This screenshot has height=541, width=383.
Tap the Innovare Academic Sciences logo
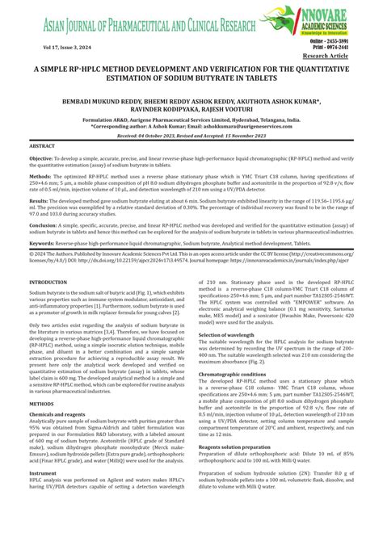pyautogui.click(x=323, y=19)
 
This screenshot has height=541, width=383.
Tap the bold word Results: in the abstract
pyautogui.click(x=40, y=199)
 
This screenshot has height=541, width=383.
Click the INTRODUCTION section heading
pyautogui.click(x=48, y=282)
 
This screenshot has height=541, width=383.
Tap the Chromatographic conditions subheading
pyautogui.click(x=236, y=373)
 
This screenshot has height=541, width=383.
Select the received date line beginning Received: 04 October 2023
pyautogui.click(x=191, y=136)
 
